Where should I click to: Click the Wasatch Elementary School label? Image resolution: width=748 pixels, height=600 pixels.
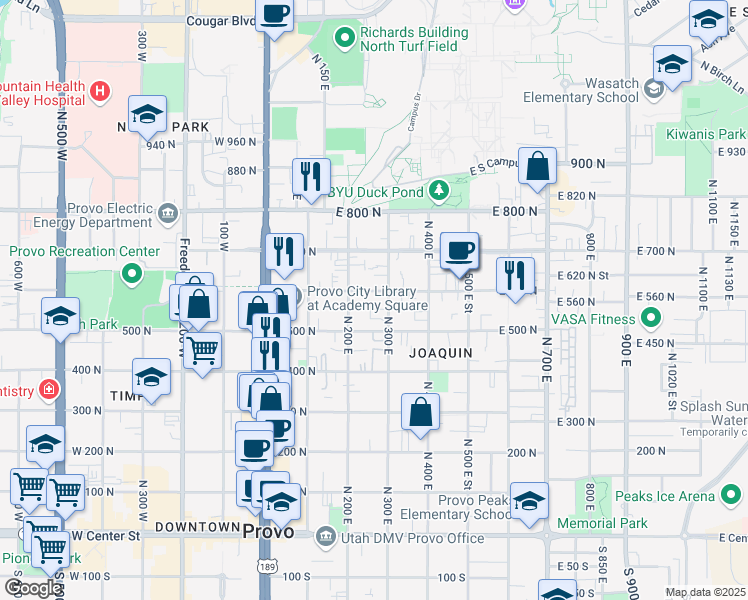click(x=582, y=90)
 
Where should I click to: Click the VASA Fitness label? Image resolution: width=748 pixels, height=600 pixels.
click(x=592, y=319)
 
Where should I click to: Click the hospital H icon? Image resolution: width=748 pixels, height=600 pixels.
click(x=100, y=93)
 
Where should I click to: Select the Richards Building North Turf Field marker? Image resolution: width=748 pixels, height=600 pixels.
click(x=345, y=39)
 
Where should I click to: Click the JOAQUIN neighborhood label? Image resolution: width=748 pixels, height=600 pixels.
click(x=440, y=353)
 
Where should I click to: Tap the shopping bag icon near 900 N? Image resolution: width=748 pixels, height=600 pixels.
click(x=538, y=167)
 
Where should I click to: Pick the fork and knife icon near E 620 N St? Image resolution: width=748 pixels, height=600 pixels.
click(x=515, y=275)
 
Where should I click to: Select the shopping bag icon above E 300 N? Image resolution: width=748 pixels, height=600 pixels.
click(x=421, y=410)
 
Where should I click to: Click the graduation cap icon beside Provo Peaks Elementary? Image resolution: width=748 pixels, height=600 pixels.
click(x=529, y=500)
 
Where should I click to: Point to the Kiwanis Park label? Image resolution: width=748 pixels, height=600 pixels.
click(x=715, y=134)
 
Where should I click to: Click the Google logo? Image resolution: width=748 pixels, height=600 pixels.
click(x=32, y=588)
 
